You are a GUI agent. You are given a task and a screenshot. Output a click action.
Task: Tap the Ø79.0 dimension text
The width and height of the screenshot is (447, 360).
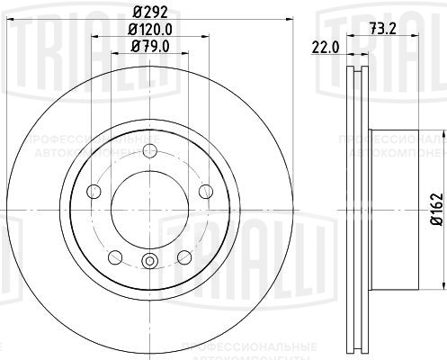[x=148, y=47]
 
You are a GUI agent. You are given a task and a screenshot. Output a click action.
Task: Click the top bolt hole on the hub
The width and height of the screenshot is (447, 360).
[x=149, y=149]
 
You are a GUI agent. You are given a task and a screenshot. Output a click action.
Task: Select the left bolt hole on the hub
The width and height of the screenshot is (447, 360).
[x=93, y=190]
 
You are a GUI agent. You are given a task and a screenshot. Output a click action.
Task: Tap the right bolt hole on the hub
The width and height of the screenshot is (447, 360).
[x=206, y=190]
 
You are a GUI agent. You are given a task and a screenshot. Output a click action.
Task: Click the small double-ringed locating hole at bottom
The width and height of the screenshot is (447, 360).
[x=149, y=262]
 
